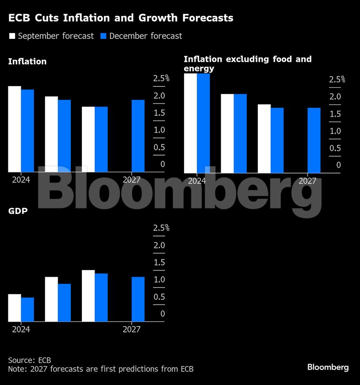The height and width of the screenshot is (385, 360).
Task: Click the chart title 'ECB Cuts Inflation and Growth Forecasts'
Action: [121, 18]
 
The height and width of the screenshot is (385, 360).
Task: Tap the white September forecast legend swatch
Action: [12, 36]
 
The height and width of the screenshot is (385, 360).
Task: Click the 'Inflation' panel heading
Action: [27, 61]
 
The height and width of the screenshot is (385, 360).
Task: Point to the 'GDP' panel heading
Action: [18, 211]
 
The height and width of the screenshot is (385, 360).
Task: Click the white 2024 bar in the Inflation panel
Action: [15, 129]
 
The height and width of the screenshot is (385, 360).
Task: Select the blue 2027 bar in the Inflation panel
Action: [138, 135]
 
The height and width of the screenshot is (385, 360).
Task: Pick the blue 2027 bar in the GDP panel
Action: [138, 299]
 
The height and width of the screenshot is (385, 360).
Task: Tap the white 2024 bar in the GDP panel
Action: [15, 308]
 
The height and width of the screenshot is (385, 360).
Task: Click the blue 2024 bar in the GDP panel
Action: [27, 309]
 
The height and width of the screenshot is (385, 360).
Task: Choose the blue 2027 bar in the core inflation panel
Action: [314, 140]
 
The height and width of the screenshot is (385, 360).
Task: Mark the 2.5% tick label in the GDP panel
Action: [161, 228]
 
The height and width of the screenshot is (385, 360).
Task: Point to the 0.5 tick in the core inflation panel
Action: [335, 149]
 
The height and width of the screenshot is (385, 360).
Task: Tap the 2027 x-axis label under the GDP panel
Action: [131, 329]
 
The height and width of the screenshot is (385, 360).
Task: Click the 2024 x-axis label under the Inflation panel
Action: [21, 180]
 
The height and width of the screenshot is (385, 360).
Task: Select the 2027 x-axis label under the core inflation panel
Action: [307, 181]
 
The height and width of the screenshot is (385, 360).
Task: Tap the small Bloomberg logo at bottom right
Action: [328, 367]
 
